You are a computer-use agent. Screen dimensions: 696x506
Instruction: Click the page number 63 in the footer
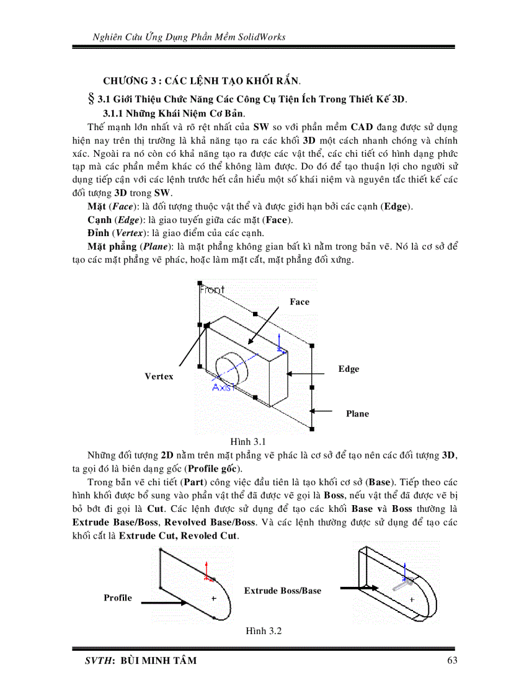point(451,660)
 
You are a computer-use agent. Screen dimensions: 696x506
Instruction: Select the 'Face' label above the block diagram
point(300,302)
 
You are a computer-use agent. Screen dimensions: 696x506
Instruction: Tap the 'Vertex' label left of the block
point(159,376)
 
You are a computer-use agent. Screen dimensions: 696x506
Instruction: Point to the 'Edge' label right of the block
point(348,369)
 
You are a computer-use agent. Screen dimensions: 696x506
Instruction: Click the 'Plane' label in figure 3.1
point(357,413)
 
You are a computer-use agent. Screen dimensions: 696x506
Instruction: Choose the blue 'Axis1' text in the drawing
point(224,388)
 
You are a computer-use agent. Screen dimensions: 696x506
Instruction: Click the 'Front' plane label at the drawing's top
point(212,289)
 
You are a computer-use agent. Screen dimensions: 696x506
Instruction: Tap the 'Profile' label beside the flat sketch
point(118,597)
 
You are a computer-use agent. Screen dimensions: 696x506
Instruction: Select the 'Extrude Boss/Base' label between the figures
point(283,591)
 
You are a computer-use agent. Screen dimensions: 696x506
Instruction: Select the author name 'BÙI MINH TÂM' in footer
point(159,660)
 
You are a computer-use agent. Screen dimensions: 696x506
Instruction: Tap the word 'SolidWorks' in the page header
point(262,37)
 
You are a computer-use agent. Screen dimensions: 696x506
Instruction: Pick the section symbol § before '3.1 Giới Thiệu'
point(95,99)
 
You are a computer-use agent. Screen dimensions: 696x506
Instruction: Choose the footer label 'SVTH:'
point(100,660)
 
